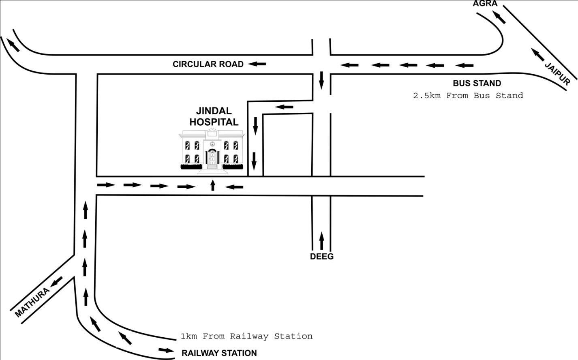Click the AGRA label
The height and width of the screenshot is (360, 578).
click(485, 4)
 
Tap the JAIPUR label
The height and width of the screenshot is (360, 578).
click(557, 74)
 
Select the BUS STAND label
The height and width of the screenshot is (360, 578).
click(477, 83)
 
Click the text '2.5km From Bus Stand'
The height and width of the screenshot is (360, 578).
click(468, 96)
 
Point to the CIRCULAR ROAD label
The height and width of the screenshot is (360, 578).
click(208, 64)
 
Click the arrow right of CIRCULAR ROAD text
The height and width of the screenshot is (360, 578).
click(257, 64)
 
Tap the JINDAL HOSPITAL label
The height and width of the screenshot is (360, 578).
click(214, 116)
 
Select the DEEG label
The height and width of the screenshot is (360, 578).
click(322, 256)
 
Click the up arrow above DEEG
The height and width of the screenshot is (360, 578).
click(322, 240)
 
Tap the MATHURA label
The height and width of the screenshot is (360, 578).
click(32, 302)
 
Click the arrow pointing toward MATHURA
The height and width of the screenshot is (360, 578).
click(56, 281)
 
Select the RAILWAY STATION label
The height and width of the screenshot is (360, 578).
click(219, 353)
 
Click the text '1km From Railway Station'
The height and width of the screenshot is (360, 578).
click(246, 336)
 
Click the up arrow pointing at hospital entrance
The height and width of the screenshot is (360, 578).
click(212, 185)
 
